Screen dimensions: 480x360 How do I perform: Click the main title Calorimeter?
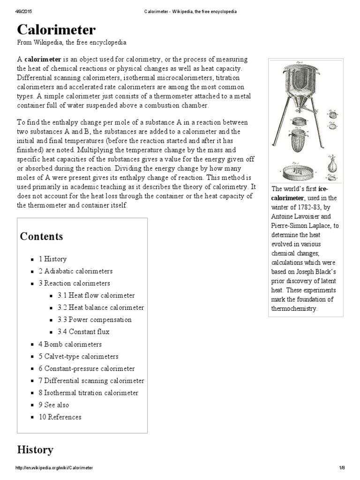click(56, 30)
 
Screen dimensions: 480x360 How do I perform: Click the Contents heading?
click(41, 236)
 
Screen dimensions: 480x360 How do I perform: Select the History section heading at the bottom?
click(35, 450)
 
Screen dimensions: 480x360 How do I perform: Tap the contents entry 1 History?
click(52, 259)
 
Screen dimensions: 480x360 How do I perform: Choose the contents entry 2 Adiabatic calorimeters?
click(75, 271)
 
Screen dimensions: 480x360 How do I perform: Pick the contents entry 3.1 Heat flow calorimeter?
click(96, 295)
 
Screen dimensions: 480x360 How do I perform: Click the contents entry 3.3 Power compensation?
click(95, 320)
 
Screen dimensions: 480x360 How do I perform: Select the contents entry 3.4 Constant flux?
click(84, 332)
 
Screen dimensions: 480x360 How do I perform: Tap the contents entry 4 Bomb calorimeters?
click(70, 344)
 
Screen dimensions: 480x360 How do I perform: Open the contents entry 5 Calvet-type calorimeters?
click(78, 356)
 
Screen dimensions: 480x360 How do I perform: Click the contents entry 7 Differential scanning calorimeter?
click(91, 381)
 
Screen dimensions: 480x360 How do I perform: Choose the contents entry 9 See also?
click(54, 405)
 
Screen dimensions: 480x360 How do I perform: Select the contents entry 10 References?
click(60, 417)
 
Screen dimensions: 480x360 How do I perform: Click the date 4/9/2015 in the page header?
click(25, 11)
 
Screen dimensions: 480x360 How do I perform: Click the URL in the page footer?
click(54, 468)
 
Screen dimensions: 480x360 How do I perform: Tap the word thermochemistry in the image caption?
click(294, 308)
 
